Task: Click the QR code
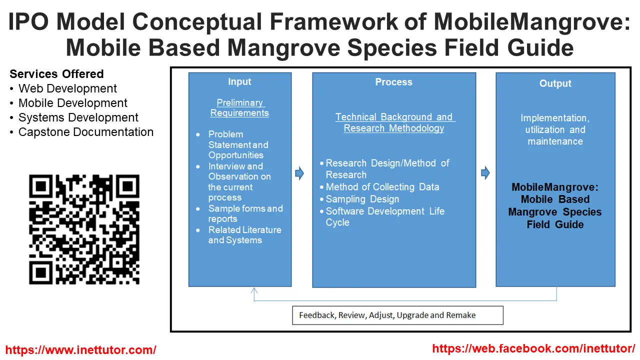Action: (84, 229)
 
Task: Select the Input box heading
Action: (239, 81)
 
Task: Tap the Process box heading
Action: (393, 82)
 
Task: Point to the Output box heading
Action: (555, 83)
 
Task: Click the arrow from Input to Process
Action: (299, 173)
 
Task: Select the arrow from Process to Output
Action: (485, 173)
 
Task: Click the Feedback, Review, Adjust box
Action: (397, 315)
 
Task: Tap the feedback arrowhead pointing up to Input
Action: (254, 291)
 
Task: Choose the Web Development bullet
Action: (67, 88)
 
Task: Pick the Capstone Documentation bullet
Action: (85, 132)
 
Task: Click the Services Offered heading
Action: (56, 74)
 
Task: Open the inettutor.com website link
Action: (80, 349)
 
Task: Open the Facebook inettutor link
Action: (533, 348)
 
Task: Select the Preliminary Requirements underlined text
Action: (239, 107)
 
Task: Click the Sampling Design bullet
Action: (362, 199)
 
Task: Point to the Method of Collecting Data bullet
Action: (382, 187)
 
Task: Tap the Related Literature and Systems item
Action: (244, 235)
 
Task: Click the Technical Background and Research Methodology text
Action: (394, 122)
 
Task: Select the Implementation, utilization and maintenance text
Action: (555, 129)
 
